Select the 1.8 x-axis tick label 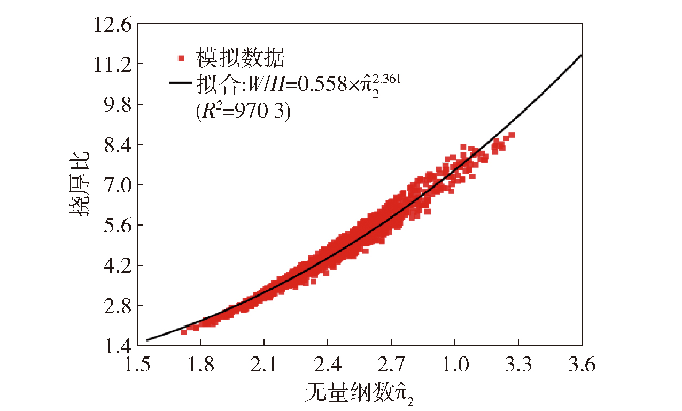click(200, 366)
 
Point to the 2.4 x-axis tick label click(327, 366)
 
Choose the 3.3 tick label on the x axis click(518, 366)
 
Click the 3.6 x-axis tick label click(582, 366)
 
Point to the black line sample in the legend click(181, 83)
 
